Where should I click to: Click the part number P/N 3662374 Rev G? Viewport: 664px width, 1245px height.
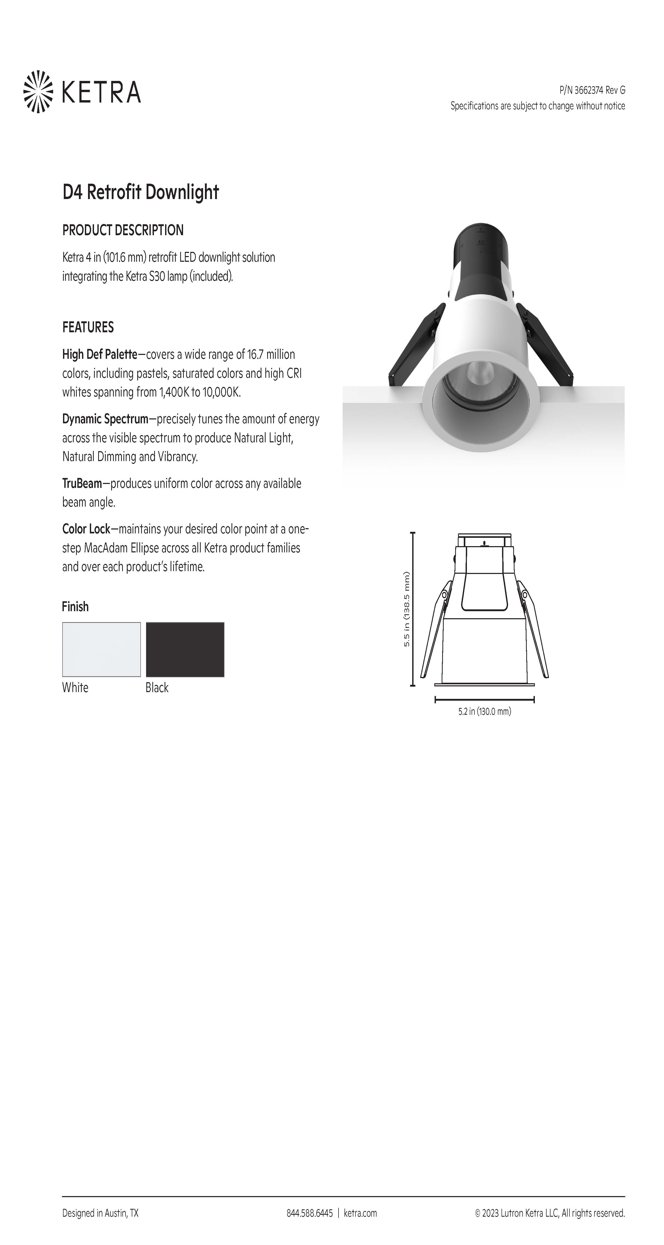[592, 90]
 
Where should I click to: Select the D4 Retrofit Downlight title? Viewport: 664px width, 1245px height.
[140, 192]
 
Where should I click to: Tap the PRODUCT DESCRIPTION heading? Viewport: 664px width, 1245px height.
[123, 230]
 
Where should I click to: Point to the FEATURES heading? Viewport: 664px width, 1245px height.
[88, 327]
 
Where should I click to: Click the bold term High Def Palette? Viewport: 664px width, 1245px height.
[100, 354]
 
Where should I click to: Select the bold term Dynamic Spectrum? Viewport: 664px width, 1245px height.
[105, 419]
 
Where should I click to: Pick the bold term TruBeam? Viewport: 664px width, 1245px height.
[82, 483]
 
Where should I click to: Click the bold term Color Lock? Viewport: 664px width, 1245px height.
[86, 529]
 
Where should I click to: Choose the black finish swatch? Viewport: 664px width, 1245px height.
[185, 649]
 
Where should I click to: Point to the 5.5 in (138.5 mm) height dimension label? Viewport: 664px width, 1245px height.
[407, 609]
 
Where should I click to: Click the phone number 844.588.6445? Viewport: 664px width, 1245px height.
[310, 1213]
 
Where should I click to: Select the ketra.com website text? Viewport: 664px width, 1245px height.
[360, 1213]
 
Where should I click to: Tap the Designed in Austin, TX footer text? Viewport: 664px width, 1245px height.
[100, 1213]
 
